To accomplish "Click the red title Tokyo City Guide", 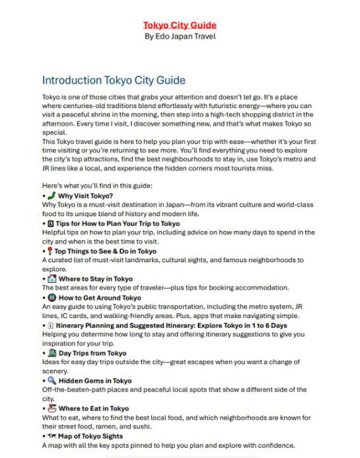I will pos(179,25).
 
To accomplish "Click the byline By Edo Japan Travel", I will pos(179,36).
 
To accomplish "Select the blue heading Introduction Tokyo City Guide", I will pos(113,80).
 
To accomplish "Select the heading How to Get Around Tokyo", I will pos(100,297).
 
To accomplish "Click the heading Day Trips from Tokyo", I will pos(92,353).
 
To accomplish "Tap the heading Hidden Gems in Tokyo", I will pos(95,381).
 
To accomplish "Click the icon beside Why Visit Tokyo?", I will pos(52,196).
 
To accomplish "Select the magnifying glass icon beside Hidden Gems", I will pos(52,381).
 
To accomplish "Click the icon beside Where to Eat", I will pos(52,408).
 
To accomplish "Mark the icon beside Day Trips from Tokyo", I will pos(52,353).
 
